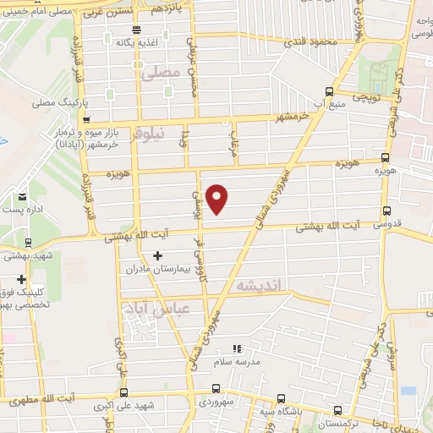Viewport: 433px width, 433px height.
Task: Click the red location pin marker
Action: click(x=217, y=197)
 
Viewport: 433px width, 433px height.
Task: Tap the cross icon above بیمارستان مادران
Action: click(x=157, y=256)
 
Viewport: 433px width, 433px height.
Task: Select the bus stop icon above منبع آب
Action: click(x=329, y=92)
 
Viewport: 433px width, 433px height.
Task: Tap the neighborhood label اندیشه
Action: click(x=265, y=285)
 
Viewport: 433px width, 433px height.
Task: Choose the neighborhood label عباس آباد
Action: click(x=152, y=310)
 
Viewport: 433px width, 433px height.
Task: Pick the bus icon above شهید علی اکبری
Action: click(x=124, y=393)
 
